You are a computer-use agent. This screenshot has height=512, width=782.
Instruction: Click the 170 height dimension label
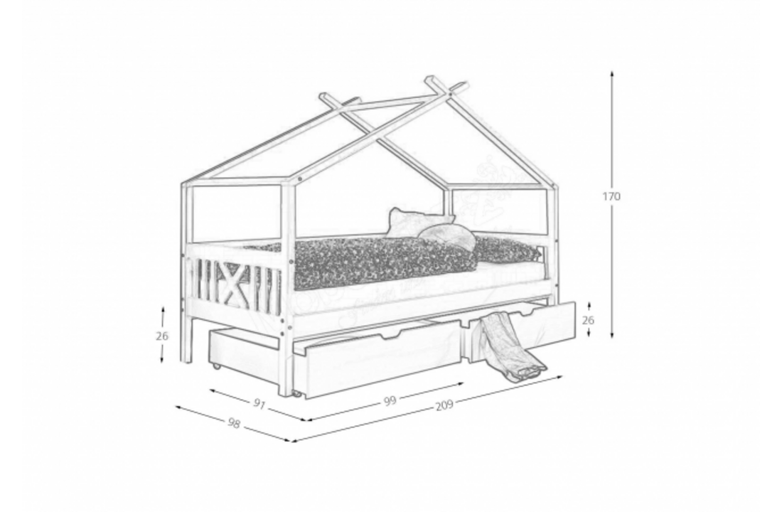(x=611, y=196)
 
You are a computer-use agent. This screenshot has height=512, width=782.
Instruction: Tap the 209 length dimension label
(x=444, y=406)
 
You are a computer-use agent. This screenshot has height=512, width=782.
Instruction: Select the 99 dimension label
(x=390, y=401)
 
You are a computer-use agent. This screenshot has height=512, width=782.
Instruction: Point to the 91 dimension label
(x=259, y=405)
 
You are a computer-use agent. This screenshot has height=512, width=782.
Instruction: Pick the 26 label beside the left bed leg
(x=163, y=336)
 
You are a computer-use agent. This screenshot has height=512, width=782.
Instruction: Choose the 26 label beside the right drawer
(x=588, y=320)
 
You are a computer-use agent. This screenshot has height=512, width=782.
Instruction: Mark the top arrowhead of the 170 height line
(x=612, y=73)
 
